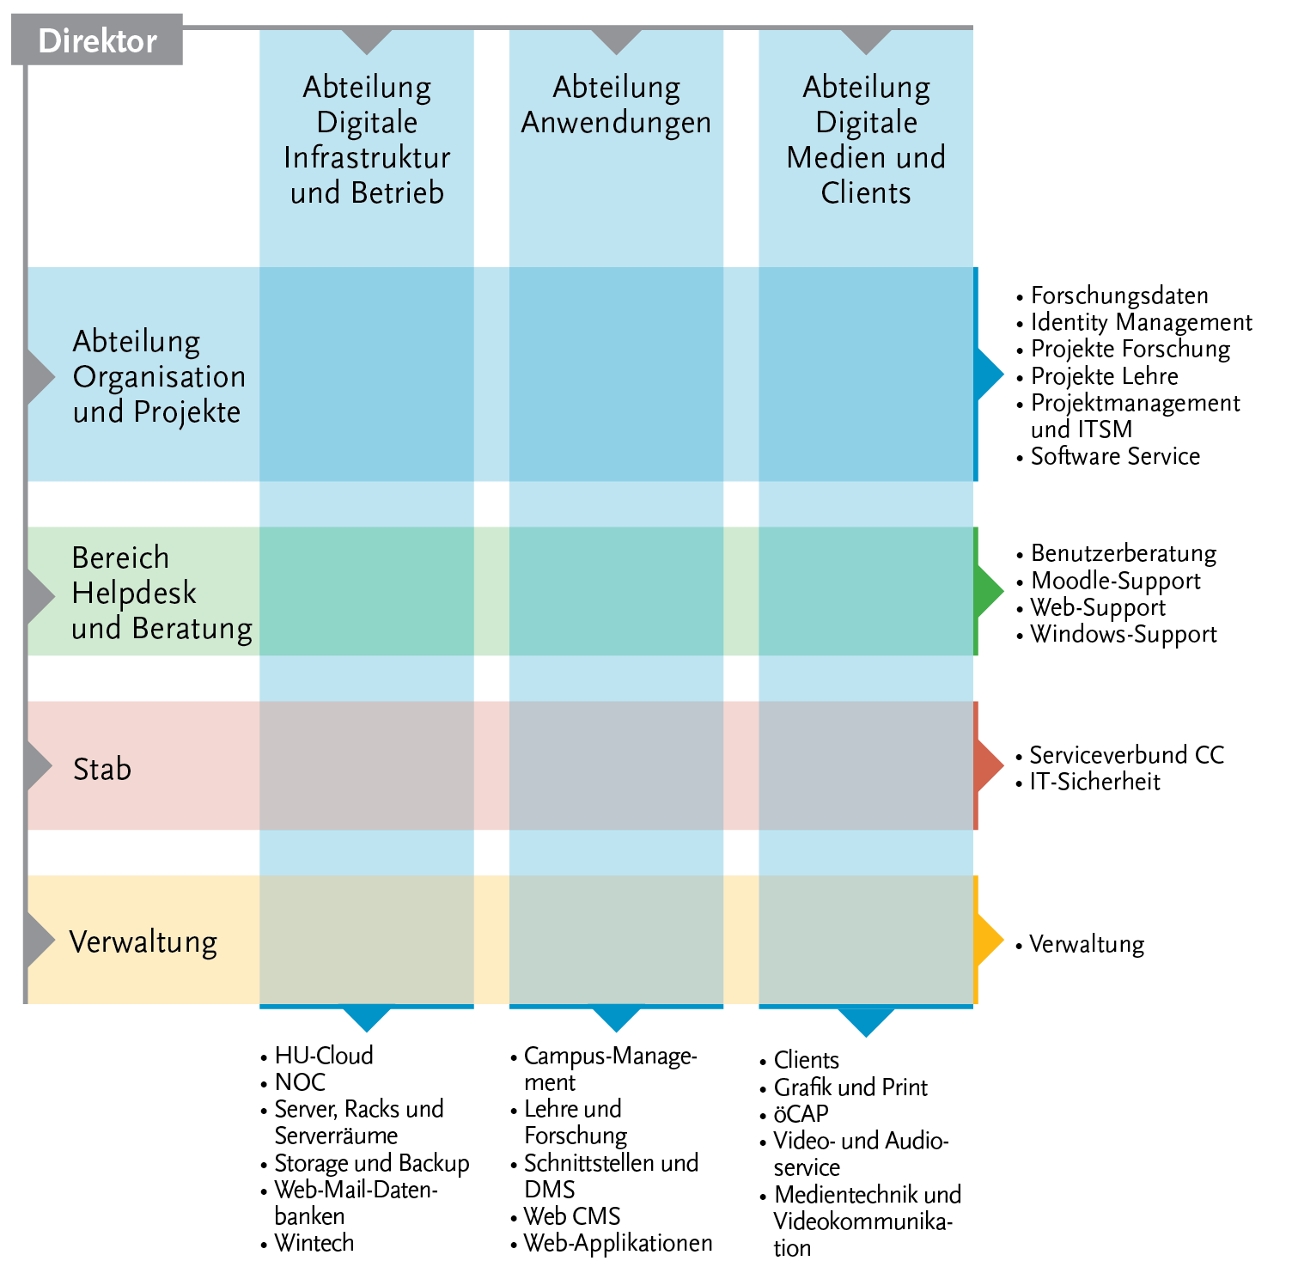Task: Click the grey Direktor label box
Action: (x=97, y=40)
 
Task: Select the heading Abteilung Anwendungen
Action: (x=616, y=105)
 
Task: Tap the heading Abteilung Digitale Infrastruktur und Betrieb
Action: (x=367, y=140)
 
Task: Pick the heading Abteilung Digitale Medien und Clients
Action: (x=866, y=140)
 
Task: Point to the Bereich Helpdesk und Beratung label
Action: (x=161, y=593)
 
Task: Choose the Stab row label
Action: (x=102, y=769)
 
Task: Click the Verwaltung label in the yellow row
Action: (x=143, y=942)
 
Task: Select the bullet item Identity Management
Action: (x=1140, y=322)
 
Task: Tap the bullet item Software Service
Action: (x=1114, y=456)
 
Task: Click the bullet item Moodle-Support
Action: (x=1114, y=581)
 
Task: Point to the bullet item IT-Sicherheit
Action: (x=1094, y=782)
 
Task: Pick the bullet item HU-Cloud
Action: (x=323, y=1056)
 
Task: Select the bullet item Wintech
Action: (x=314, y=1243)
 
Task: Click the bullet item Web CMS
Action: (x=571, y=1216)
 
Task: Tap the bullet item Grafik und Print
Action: (x=850, y=1087)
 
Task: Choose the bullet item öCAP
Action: (x=801, y=1114)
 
